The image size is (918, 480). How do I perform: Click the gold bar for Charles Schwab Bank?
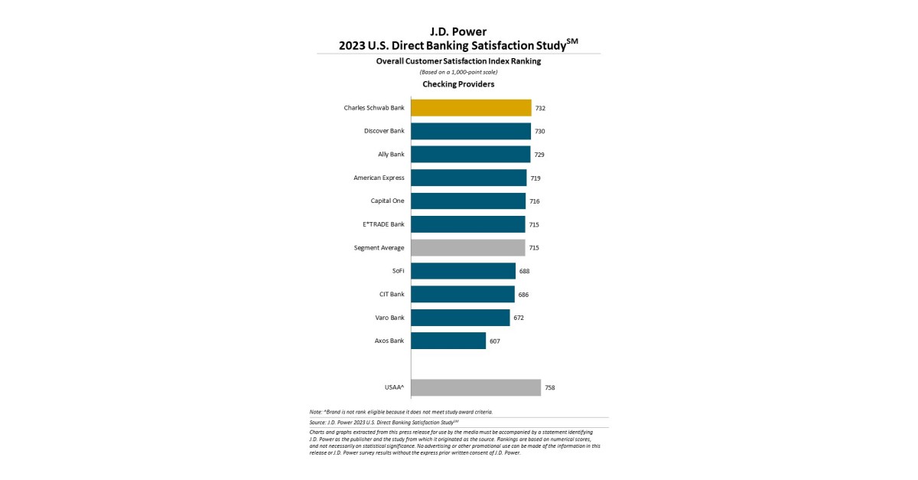point(470,108)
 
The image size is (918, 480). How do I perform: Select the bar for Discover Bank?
point(470,131)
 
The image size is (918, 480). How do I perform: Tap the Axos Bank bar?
point(448,341)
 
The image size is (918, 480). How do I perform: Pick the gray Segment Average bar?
point(467,247)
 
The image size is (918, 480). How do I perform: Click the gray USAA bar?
point(476,387)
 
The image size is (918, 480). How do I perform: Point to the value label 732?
point(540,108)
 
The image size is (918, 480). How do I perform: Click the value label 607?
point(494,341)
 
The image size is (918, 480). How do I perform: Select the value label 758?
point(549,387)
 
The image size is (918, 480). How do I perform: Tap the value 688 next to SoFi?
point(524,271)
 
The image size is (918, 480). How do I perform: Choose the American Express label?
point(379,178)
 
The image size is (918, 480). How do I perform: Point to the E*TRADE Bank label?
point(383,224)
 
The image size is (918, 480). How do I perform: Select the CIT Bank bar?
point(463,294)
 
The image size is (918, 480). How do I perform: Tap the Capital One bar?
point(468,201)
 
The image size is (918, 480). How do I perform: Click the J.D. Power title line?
point(458,31)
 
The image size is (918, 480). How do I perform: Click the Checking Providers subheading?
point(458,84)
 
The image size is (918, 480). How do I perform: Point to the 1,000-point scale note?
point(458,72)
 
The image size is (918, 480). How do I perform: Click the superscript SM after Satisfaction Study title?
point(571,41)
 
